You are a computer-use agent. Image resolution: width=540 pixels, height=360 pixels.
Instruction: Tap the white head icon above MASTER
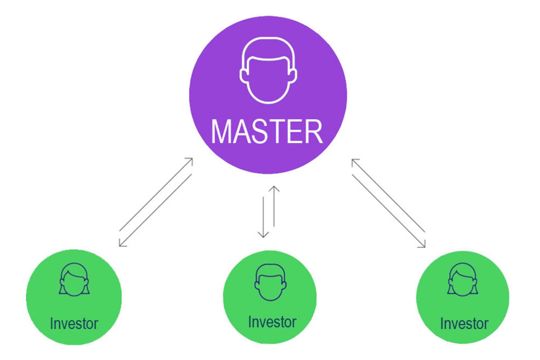click(268, 71)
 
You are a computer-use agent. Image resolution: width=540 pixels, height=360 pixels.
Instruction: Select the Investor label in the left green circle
click(74, 323)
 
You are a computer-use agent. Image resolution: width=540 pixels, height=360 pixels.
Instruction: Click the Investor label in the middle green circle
click(272, 322)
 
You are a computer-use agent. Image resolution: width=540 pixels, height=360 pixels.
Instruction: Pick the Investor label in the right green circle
click(464, 323)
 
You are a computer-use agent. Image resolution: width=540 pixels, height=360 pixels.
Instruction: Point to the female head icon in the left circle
click(74, 279)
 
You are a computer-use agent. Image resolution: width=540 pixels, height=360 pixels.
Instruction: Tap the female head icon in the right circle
click(463, 279)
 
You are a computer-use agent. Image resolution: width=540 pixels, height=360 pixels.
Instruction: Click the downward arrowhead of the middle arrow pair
click(263, 235)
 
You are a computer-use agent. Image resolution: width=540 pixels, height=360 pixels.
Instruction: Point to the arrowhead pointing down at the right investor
click(423, 245)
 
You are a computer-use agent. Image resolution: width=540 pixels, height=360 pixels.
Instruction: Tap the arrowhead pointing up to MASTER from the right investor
click(354, 161)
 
